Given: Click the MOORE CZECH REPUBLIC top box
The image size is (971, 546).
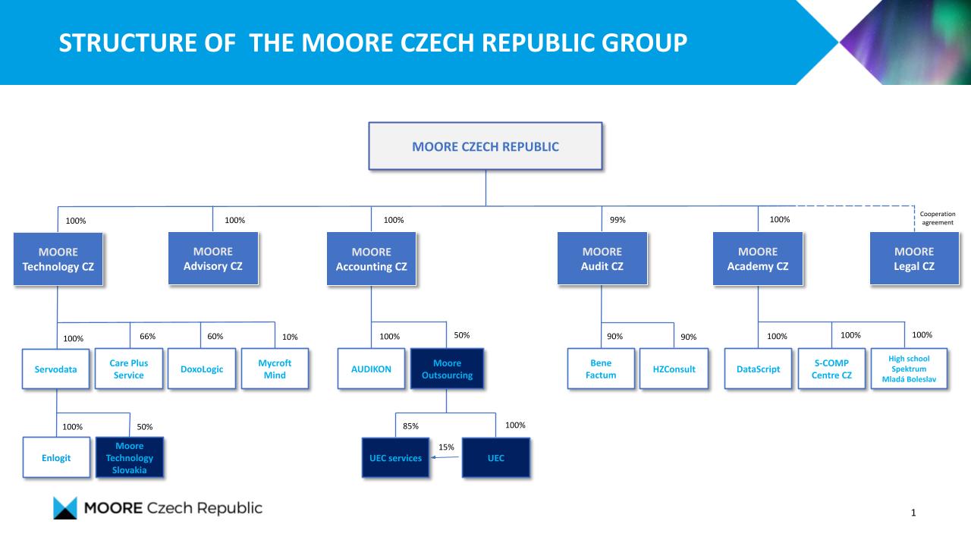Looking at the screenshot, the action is coord(485,146).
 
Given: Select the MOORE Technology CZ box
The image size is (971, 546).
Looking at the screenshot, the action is coord(58,259).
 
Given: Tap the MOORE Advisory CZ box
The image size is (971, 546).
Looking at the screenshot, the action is coord(213,259).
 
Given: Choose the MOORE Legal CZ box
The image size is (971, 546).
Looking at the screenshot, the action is coord(914,259).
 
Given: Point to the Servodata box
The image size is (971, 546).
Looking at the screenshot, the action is coord(55,369).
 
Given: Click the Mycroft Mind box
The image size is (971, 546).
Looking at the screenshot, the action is coord(275,369).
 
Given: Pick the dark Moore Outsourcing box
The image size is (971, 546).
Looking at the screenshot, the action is coord(447,369).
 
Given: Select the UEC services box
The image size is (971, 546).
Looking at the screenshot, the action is coord(395,457).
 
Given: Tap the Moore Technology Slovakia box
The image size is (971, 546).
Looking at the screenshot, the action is coord(129,457).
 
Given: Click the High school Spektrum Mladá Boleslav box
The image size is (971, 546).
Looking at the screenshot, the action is coord(909,369).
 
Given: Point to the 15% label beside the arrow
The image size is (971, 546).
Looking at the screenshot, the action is coord(446,447).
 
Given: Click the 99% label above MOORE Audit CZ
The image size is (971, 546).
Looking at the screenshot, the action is coord(617,220).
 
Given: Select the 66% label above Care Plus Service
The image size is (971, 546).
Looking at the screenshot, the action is coord(147,336).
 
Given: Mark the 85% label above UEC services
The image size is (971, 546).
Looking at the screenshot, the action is coord(410,426).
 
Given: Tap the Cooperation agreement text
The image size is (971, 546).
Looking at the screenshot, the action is coord(938,218).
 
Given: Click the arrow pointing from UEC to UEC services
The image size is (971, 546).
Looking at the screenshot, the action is coord(445,457).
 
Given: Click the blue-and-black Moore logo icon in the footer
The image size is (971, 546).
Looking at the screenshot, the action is coord(65,508).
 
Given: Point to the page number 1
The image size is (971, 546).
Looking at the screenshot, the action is coord(913,513).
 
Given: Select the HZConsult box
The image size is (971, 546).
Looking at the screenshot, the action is coord(674,369).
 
